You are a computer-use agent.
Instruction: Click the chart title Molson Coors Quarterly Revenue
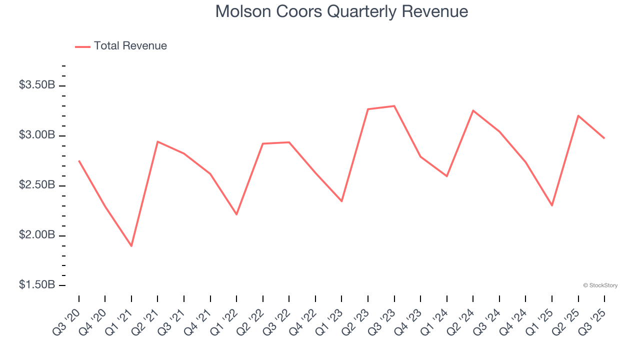(x=341, y=11)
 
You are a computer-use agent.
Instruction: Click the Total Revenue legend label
(x=130, y=46)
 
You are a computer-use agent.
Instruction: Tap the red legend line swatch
(x=82, y=46)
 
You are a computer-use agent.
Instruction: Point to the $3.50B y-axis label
(x=37, y=85)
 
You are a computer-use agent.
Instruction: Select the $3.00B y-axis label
(x=37, y=135)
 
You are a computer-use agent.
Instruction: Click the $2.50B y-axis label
(x=37, y=185)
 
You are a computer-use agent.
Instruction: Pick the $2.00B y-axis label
(x=37, y=235)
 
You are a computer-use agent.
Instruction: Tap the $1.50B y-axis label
(x=37, y=285)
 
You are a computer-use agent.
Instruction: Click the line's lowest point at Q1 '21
(x=131, y=246)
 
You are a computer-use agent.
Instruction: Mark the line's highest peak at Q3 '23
(x=394, y=106)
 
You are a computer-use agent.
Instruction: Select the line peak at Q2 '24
(x=473, y=110)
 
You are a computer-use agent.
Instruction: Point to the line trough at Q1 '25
(x=552, y=205)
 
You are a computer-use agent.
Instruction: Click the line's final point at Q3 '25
(x=604, y=138)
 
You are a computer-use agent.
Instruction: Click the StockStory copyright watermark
(x=600, y=285)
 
